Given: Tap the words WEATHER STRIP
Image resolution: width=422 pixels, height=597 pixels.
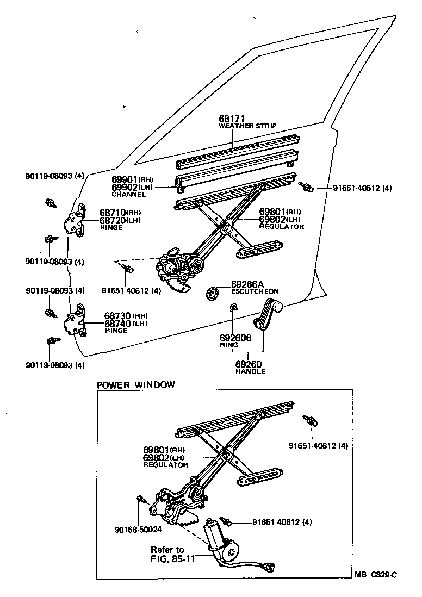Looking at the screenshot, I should pyautogui.click(x=247, y=126).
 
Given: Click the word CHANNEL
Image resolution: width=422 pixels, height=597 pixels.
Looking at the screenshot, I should pyautogui.click(x=129, y=194).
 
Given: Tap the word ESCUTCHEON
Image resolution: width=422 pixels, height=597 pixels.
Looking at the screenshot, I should pyautogui.click(x=255, y=291).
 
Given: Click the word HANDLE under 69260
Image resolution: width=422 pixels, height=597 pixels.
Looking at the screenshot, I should pyautogui.click(x=250, y=371).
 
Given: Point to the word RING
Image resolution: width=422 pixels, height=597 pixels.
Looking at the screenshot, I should pyautogui.click(x=229, y=345).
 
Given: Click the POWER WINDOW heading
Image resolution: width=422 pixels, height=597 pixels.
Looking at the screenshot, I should pyautogui.click(x=135, y=385).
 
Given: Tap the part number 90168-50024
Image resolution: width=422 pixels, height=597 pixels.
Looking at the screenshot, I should pyautogui.click(x=138, y=529).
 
